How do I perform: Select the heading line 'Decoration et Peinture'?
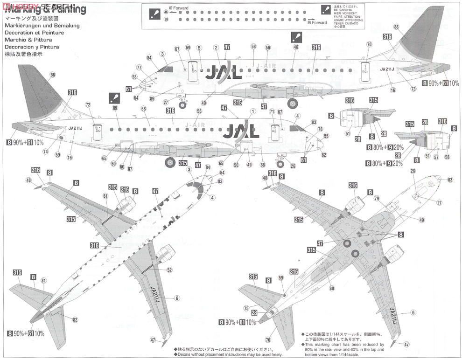tap(34, 33)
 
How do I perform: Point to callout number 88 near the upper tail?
tap(396, 27)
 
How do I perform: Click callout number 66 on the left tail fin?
tap(52, 75)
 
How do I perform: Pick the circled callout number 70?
tap(369, 45)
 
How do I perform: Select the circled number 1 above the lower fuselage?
tap(252, 111)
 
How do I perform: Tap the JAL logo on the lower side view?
tap(241, 131)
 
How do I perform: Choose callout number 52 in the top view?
tap(169, 270)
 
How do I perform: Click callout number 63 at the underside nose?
tap(450, 180)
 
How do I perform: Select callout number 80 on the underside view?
tap(332, 288)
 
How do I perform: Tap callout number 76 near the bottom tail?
tap(268, 340)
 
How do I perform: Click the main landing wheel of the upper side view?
tap(292, 103)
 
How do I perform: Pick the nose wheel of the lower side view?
tap(280, 164)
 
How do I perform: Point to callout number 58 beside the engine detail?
tap(447, 157)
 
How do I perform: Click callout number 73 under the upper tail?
tap(413, 89)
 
